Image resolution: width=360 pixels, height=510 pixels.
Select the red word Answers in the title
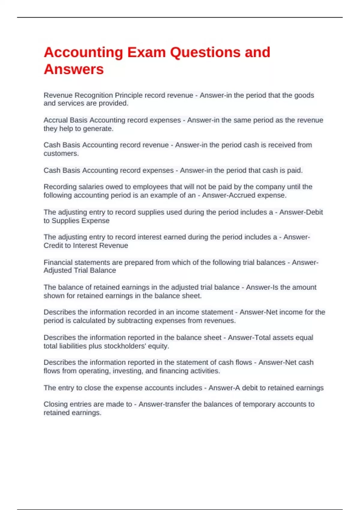click(x=74, y=70)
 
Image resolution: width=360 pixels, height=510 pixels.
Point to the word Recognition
click(x=94, y=95)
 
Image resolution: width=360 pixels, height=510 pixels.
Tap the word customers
click(x=61, y=154)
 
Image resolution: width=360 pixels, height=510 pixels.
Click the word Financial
click(x=58, y=262)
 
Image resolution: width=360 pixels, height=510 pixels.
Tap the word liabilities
click(x=72, y=346)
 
